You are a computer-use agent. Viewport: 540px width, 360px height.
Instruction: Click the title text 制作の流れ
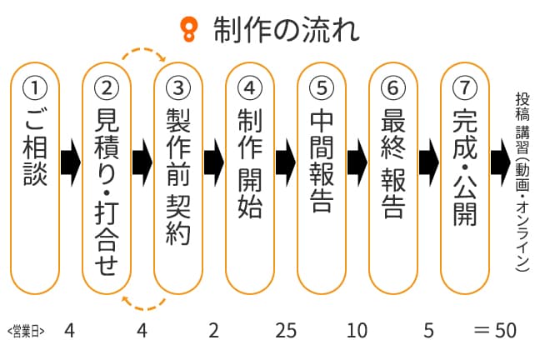tap(285, 30)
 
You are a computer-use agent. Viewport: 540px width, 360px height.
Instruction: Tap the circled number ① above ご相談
tap(35, 86)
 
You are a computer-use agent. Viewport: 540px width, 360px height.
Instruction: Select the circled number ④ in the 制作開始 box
tap(250, 86)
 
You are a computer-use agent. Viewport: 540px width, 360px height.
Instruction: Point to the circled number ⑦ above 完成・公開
tap(465, 86)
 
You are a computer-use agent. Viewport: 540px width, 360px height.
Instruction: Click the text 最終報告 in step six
tap(393, 163)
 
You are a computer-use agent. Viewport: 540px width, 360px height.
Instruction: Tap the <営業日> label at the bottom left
tap(25, 331)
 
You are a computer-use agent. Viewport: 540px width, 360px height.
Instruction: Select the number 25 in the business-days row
tap(286, 331)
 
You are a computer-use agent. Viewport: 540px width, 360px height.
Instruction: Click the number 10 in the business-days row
tap(357, 331)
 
